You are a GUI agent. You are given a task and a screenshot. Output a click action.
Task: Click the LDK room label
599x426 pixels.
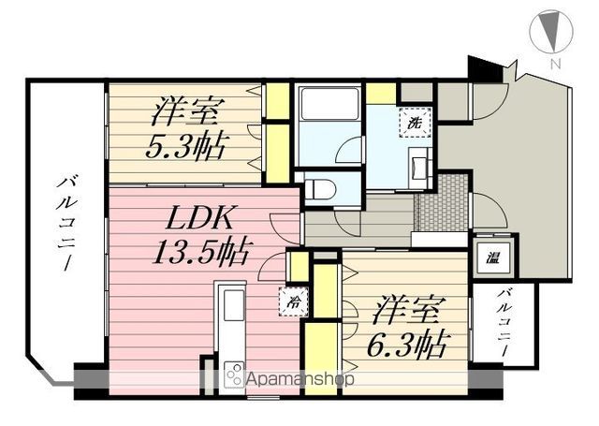(x=198, y=217)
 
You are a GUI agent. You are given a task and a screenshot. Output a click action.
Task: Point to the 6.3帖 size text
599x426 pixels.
(x=405, y=343)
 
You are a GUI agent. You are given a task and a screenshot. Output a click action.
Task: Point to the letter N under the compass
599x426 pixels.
(x=555, y=64)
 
